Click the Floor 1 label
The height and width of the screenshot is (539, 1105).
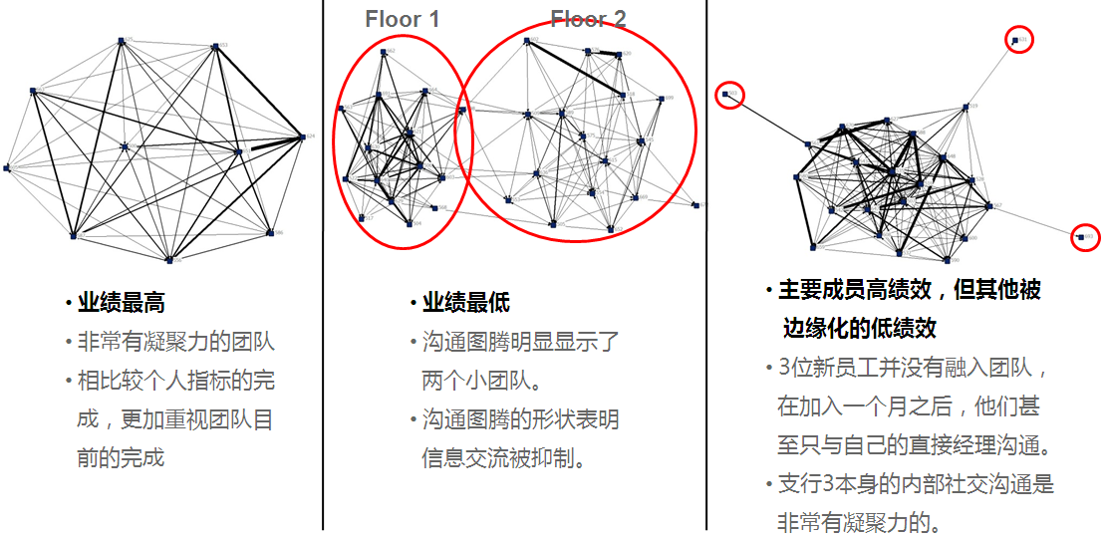click(x=403, y=19)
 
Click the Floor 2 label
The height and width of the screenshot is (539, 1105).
click(x=588, y=19)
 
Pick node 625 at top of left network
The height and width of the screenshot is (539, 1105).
click(x=121, y=41)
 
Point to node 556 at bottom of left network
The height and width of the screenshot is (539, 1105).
click(x=169, y=259)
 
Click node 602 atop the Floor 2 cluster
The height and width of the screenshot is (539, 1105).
click(x=527, y=41)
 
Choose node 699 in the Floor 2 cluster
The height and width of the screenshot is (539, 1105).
click(x=662, y=99)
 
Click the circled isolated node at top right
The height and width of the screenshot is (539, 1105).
click(x=1014, y=41)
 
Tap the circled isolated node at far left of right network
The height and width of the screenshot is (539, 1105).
click(x=726, y=95)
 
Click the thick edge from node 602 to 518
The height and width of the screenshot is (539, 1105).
click(x=576, y=68)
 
